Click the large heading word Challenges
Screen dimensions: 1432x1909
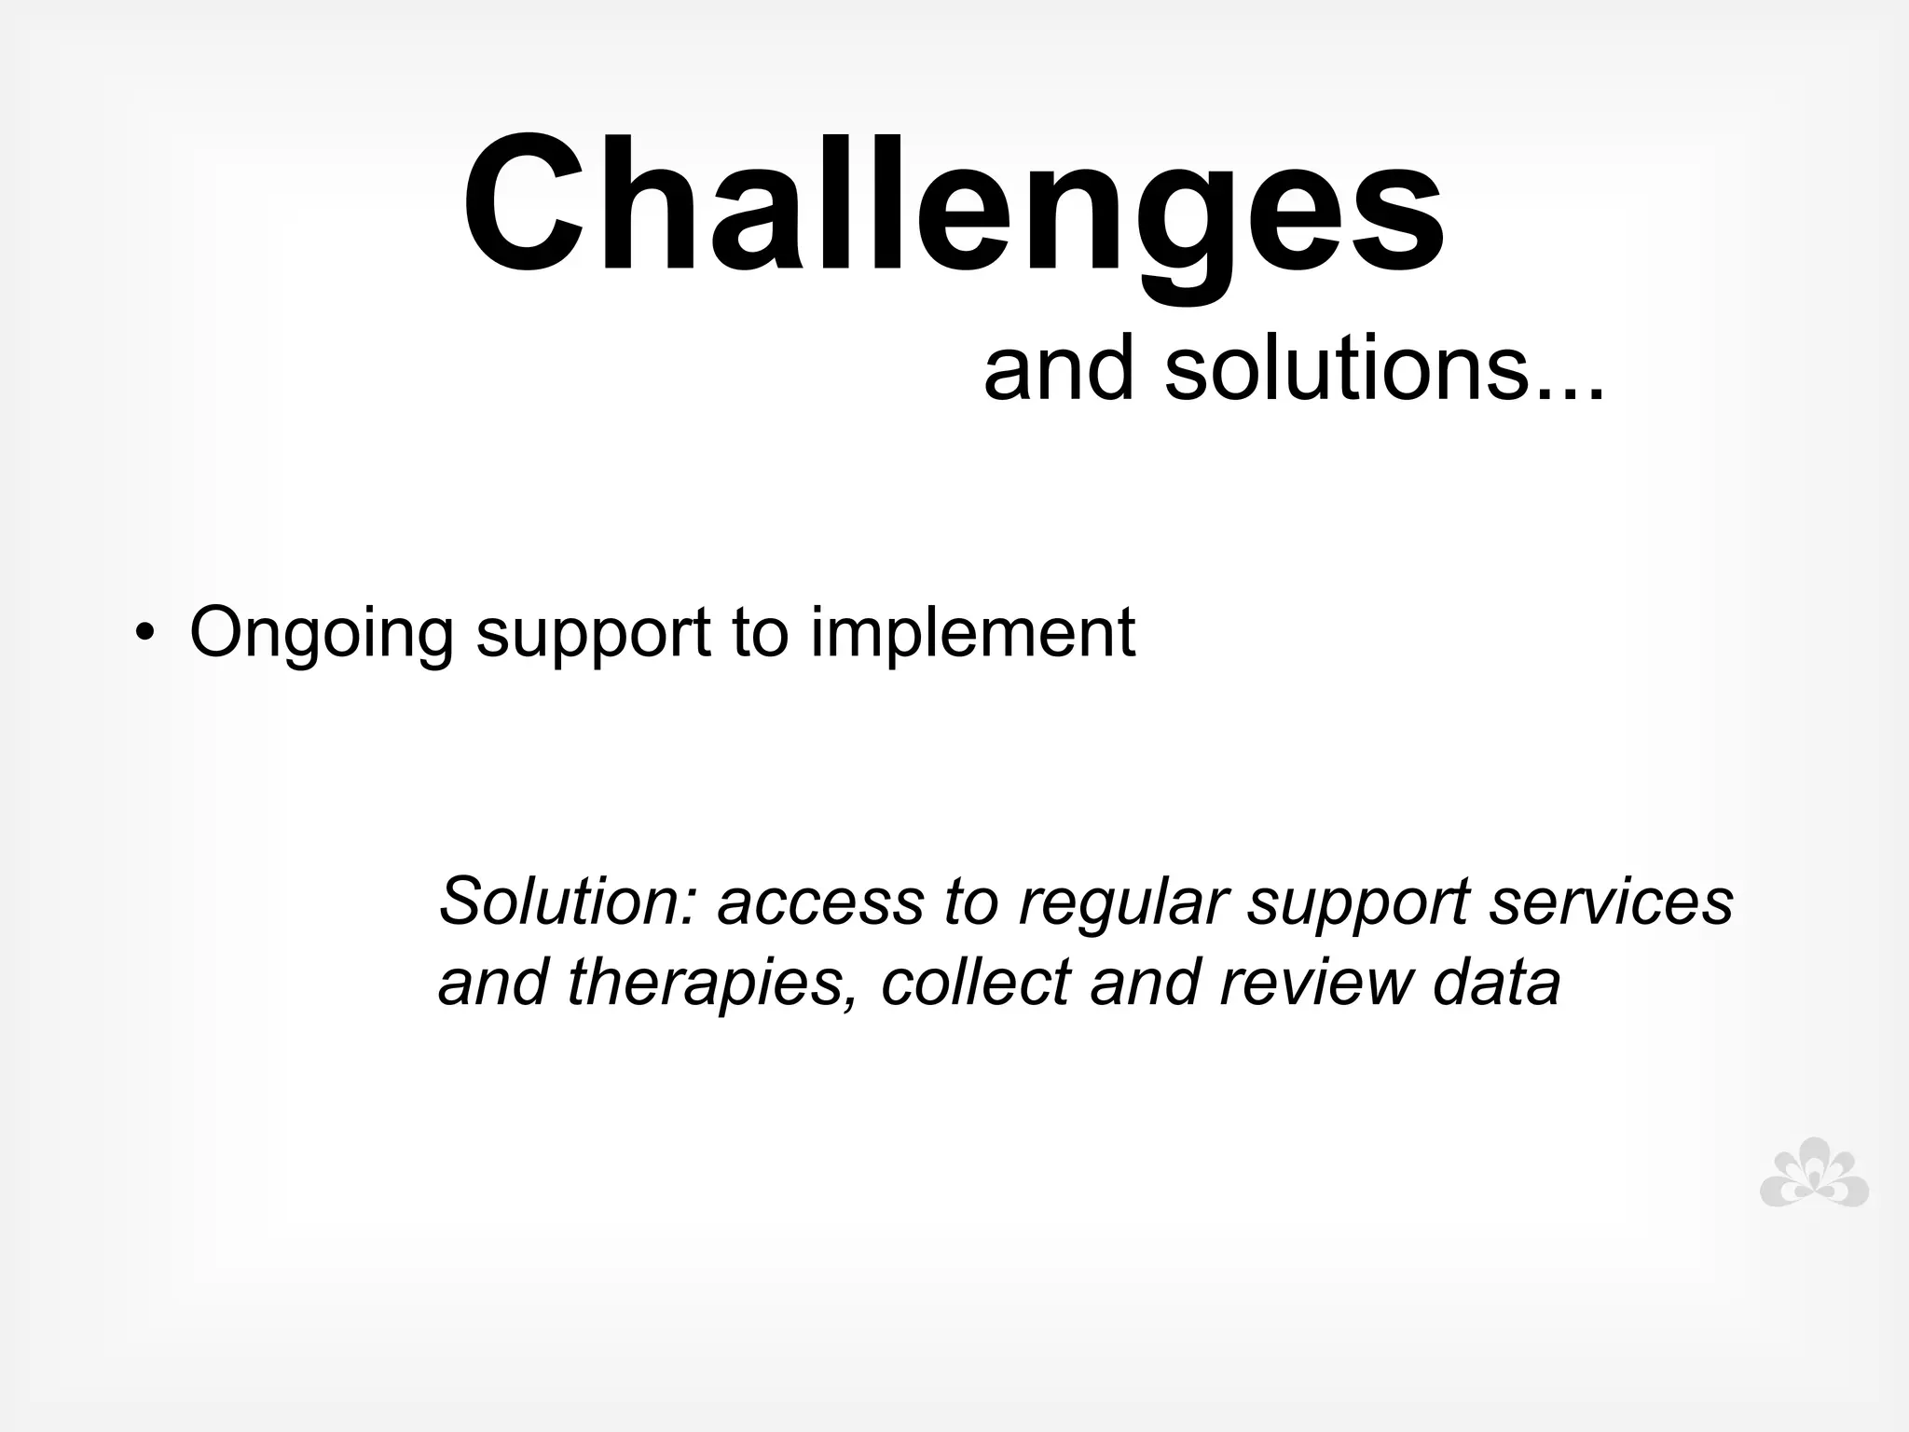click(953, 207)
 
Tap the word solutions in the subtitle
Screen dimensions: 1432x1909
click(1383, 370)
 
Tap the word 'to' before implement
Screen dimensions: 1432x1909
click(761, 632)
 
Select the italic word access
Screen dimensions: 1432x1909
click(819, 902)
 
